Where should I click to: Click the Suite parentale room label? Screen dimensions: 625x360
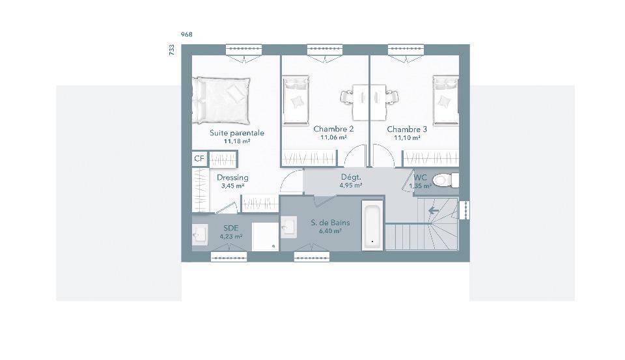(237, 133)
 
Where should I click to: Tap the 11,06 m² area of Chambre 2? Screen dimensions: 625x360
(333, 137)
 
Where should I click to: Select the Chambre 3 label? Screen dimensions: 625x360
(407, 129)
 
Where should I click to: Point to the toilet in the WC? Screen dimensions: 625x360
(445, 180)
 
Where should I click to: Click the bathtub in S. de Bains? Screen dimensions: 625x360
(372, 225)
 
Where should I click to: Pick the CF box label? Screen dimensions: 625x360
(199, 159)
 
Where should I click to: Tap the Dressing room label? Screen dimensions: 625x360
(233, 178)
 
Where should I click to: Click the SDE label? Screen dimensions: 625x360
(230, 228)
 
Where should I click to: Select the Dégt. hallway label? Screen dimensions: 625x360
(351, 178)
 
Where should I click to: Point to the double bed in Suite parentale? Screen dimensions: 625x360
(221, 100)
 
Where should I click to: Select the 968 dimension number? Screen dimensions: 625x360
(187, 35)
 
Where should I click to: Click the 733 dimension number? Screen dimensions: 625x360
(172, 50)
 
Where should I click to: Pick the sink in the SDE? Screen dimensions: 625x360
(200, 235)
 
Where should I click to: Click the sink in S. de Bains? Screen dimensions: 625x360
(288, 227)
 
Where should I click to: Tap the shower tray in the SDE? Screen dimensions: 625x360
(265, 237)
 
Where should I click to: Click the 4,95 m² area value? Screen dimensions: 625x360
(351, 186)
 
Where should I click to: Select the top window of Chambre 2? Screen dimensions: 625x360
(325, 49)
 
